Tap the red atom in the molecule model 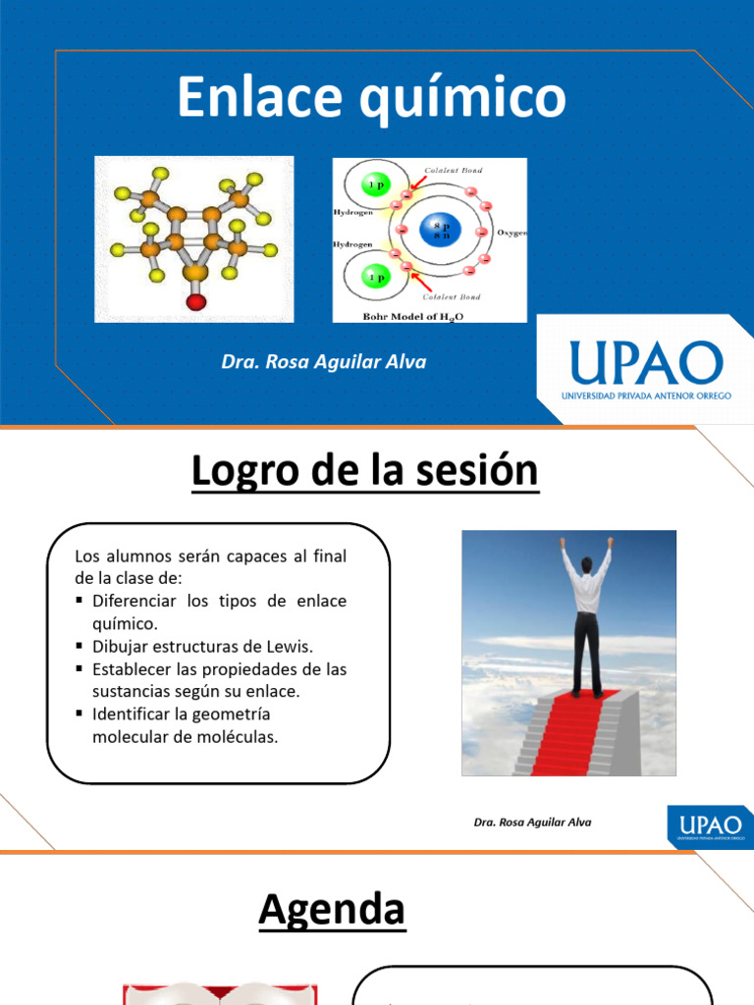(194, 301)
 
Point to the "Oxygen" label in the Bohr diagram (512, 233)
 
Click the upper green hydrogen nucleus (374, 185)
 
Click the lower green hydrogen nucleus (374, 277)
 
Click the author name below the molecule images (324, 362)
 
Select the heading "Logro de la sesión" (365, 471)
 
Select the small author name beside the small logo (532, 822)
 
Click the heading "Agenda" (332, 910)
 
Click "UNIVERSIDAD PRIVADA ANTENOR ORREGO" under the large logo (645, 396)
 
